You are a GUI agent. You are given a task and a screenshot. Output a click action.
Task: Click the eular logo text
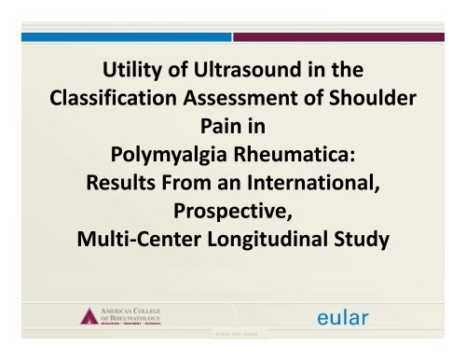click(x=338, y=319)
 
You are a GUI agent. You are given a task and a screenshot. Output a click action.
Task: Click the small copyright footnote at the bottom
click(x=232, y=352)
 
